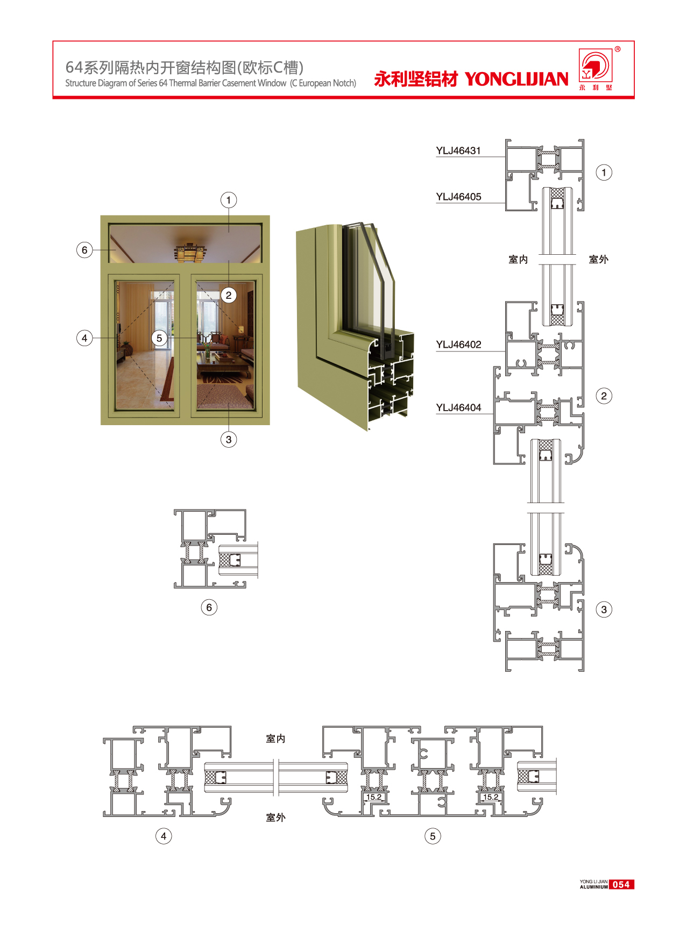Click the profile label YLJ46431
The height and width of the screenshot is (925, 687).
pos(458,150)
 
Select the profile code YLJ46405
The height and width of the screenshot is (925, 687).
pos(458,197)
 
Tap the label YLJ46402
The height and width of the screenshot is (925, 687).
pos(458,345)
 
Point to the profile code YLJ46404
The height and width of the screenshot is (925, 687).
pos(458,407)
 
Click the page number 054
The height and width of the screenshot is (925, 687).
pos(621,884)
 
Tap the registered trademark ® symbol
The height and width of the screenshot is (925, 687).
pos(618,49)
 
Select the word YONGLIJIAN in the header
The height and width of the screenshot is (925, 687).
pos(516,79)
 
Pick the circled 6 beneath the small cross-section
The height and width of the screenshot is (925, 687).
pos(209,607)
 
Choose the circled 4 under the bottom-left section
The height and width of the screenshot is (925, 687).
pos(164,836)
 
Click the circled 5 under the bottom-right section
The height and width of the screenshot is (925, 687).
pos(433,836)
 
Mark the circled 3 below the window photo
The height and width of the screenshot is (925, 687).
pos(229,440)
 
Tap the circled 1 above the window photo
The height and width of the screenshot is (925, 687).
pos(229,200)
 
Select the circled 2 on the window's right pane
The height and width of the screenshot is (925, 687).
pos(229,295)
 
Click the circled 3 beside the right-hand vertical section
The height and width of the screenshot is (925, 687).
pos(604,610)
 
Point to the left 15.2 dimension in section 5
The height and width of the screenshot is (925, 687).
pos(374,797)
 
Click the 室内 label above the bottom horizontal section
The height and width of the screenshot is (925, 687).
pos(275,738)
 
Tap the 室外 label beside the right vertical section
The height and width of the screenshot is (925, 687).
pos(598,260)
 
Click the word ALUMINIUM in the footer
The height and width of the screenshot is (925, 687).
pos(593,887)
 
